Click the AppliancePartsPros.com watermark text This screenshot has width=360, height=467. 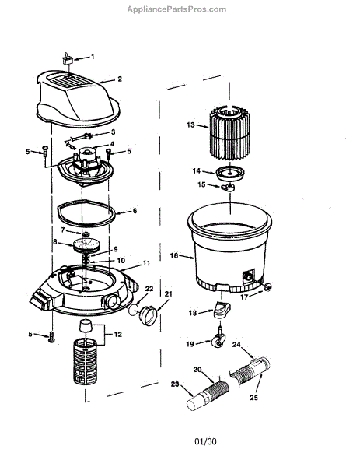click(x=177, y=9)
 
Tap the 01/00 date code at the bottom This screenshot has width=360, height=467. click(x=205, y=441)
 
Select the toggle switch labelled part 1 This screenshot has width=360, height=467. click(x=68, y=58)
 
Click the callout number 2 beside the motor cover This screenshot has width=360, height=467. click(x=120, y=79)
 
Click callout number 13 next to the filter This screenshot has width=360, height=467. click(x=190, y=125)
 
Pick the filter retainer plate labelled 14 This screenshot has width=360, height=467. click(x=230, y=173)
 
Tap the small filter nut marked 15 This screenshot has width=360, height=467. click(x=229, y=188)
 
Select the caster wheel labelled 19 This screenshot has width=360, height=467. click(x=218, y=339)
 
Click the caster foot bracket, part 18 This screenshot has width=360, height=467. click(x=222, y=310)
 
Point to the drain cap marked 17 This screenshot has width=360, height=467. click(x=267, y=287)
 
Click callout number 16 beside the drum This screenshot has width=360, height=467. click(x=174, y=255)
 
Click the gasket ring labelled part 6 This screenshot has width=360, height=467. click(x=86, y=212)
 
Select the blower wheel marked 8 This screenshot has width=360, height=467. click(x=86, y=244)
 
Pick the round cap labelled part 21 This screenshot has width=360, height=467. click(x=149, y=315)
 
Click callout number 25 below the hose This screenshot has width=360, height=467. click(x=253, y=397)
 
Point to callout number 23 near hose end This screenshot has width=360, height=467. click(x=175, y=384)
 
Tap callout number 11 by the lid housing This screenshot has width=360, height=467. click(x=146, y=263)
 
